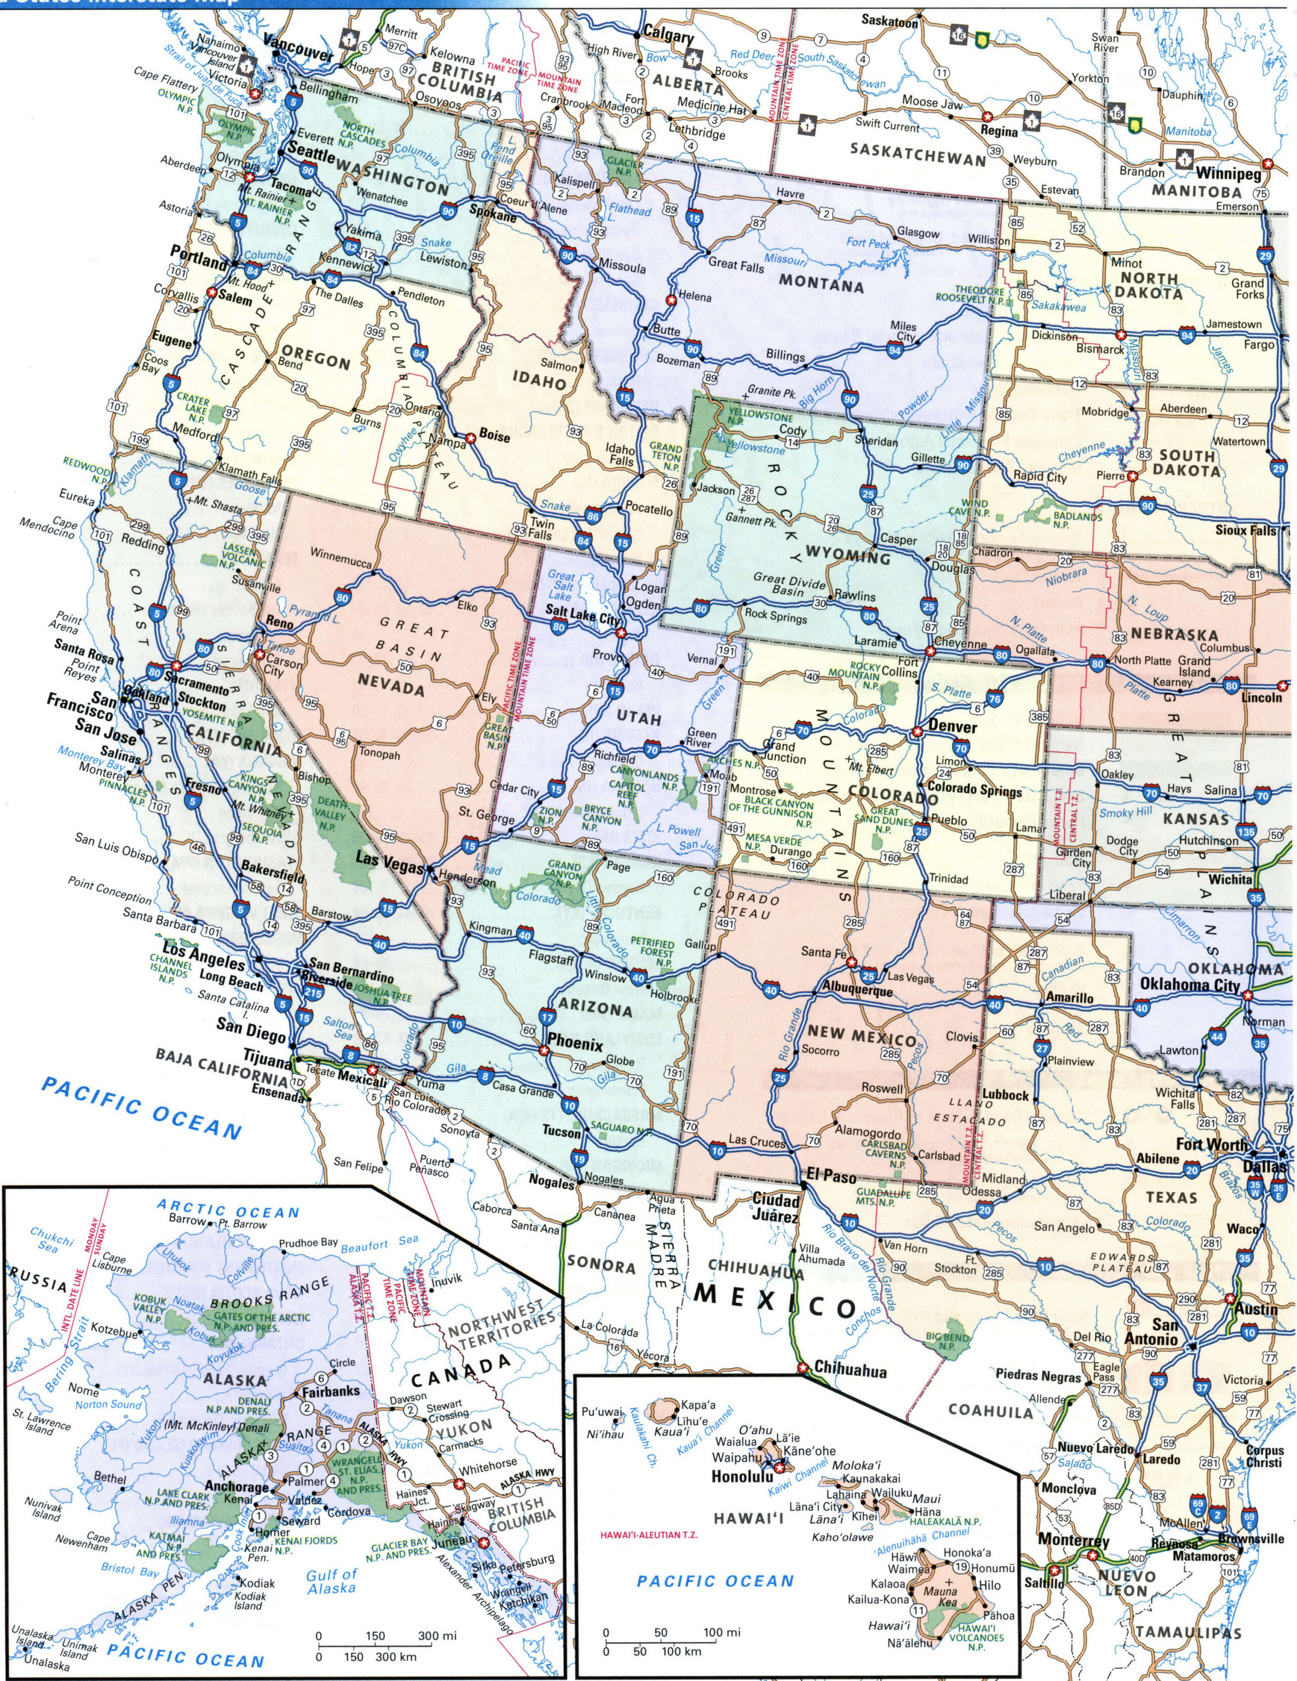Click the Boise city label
tap(494, 436)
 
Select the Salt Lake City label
tap(583, 619)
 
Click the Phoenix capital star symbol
tap(544, 1050)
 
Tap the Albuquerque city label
tap(857, 991)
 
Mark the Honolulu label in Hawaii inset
tap(741, 1477)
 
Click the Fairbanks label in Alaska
tap(330, 1392)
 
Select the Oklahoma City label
tap(1189, 985)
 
